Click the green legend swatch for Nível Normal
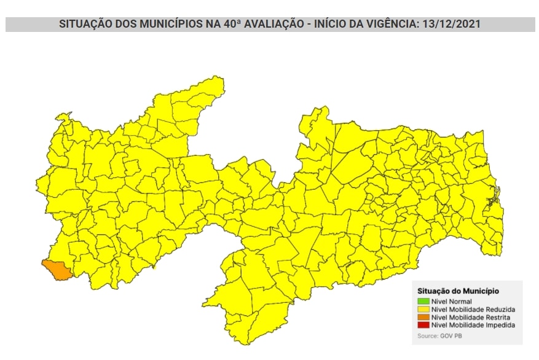pyautogui.click(x=423, y=302)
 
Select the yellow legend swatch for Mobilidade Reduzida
pyautogui.click(x=423, y=309)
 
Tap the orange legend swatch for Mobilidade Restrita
pyautogui.click(x=423, y=317)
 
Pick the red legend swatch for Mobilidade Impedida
pyautogui.click(x=423, y=325)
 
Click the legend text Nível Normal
pyautogui.click(x=452, y=302)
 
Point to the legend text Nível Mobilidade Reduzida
pyautogui.click(x=473, y=309)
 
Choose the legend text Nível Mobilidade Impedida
pyautogui.click(x=473, y=325)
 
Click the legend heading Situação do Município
pyautogui.click(x=458, y=291)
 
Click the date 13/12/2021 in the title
pyautogui.click(x=450, y=25)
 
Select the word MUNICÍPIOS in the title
pyautogui.click(x=167, y=25)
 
